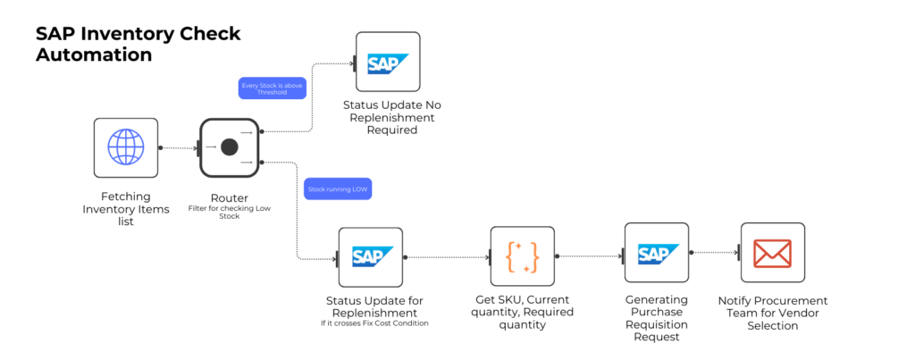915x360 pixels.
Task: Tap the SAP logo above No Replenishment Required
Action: pos(388,63)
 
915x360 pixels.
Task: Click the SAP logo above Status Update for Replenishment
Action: pos(371,258)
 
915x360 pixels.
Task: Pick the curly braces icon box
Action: pos(522,257)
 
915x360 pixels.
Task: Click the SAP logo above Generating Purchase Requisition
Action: pos(656,254)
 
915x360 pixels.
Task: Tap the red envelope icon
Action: pos(772,254)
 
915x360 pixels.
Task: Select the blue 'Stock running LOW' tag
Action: pos(339,189)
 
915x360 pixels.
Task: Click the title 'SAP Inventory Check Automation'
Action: pos(138,44)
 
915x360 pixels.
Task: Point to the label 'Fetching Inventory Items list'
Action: pos(126,208)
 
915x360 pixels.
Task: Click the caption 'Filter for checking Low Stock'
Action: pos(229,212)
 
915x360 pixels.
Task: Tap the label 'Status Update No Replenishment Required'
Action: pos(392,117)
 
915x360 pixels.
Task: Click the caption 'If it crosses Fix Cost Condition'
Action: pos(374,322)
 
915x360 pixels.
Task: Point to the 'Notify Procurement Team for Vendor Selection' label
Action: pos(773,313)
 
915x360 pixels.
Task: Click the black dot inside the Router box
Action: pos(229,147)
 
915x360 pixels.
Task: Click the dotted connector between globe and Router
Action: pos(178,148)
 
